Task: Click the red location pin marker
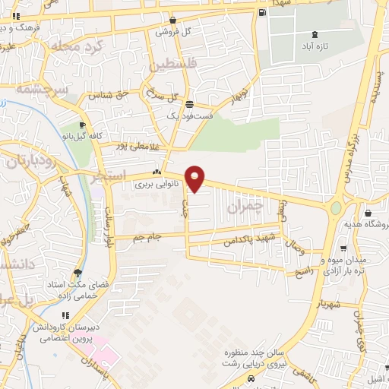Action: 195,179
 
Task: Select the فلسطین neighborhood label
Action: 174,66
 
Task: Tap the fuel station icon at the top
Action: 262,12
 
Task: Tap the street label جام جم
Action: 148,238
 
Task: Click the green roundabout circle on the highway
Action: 335,207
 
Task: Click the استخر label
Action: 106,181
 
